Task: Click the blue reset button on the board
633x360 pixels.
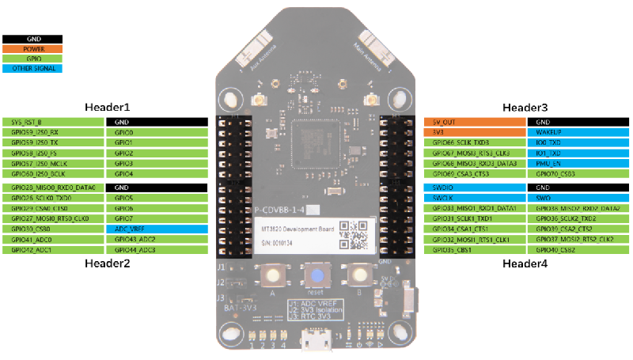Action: pyautogui.click(x=316, y=276)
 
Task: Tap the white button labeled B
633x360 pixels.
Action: pyautogui.click(x=361, y=275)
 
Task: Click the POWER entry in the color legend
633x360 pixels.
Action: pyautogui.click(x=32, y=48)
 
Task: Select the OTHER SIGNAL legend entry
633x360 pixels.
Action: pyautogui.click(x=32, y=69)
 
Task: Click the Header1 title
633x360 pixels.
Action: pyautogui.click(x=108, y=107)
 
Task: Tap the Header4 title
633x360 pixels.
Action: pyautogui.click(x=525, y=263)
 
